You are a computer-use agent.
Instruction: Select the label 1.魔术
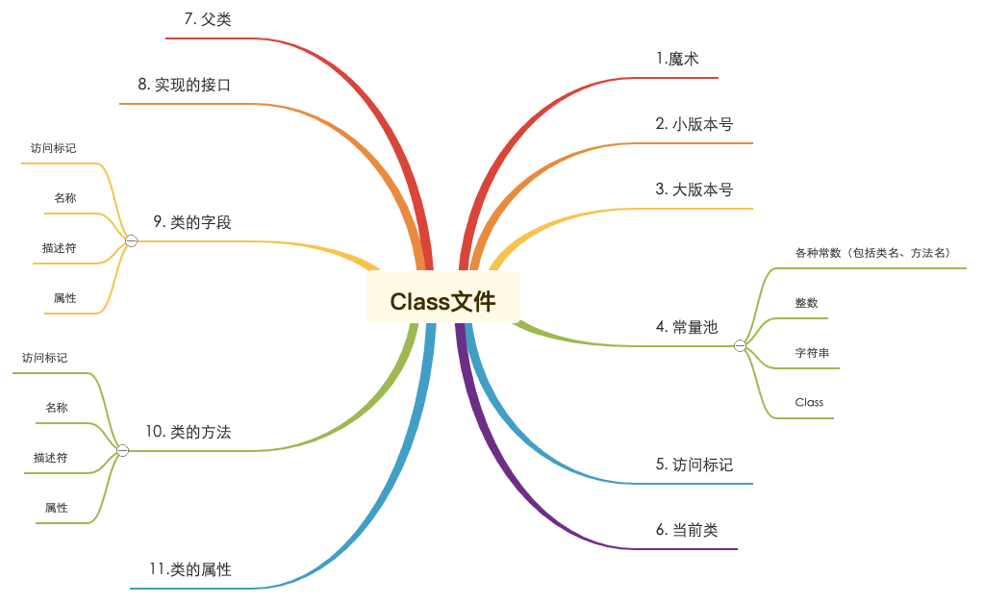[x=677, y=59]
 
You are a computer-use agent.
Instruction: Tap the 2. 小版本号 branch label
[x=694, y=124]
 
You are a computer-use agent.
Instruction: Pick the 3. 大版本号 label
[x=694, y=189]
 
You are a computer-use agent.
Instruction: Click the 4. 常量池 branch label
[x=687, y=327]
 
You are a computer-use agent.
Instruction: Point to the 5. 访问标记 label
[x=694, y=465]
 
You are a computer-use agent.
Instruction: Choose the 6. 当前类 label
[x=687, y=530]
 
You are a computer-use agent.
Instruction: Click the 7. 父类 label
[x=208, y=19]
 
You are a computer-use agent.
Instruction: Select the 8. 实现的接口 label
[x=185, y=85]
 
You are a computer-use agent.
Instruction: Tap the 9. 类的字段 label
[x=192, y=222]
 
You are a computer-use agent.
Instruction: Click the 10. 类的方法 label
[x=189, y=432]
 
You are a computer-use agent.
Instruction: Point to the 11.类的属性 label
[x=190, y=569]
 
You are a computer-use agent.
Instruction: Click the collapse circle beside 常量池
[x=740, y=345]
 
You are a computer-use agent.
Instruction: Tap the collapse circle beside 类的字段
[x=131, y=240]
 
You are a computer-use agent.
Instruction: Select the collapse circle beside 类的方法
[x=123, y=450]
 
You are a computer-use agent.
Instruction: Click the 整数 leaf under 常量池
[x=806, y=303]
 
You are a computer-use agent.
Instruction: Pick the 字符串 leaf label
[x=812, y=353]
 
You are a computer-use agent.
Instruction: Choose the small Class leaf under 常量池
[x=809, y=403]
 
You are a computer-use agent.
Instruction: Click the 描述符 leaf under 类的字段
[x=59, y=248]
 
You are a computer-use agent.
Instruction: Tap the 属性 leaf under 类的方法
[x=57, y=508]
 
